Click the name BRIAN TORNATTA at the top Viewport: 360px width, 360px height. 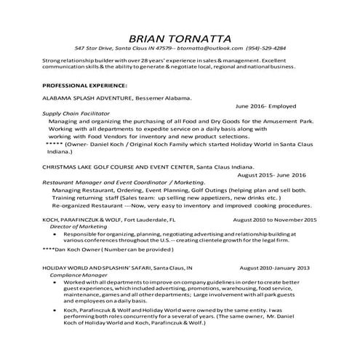(180, 37)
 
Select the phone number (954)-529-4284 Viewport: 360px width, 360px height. (266, 49)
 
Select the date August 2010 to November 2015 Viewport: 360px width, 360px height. (275, 218)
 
